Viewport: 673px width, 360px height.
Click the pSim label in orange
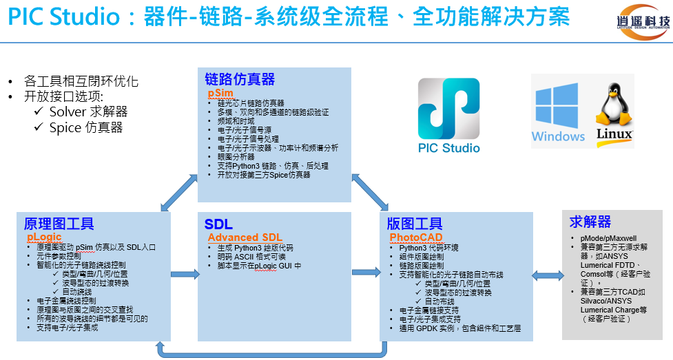coord(220,93)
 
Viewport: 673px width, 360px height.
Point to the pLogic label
coord(44,237)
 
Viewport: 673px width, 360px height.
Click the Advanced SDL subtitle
coord(245,237)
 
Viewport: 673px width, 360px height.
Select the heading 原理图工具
coord(59,224)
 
